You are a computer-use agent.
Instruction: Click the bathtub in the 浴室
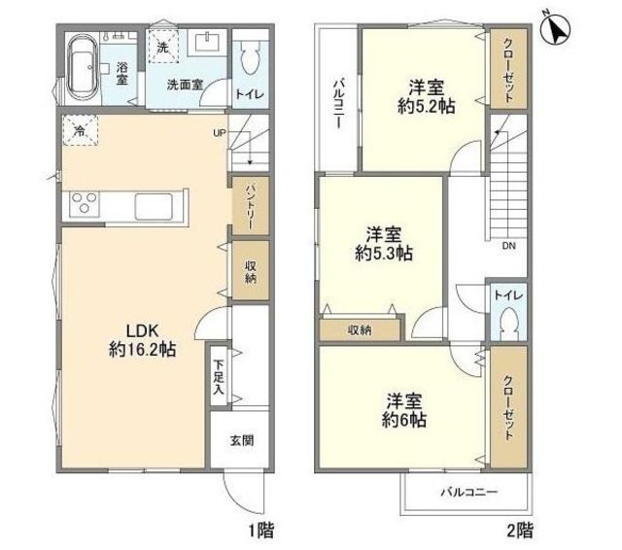(83, 67)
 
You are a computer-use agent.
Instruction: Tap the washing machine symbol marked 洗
(163, 47)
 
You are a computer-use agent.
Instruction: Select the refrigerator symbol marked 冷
(80, 130)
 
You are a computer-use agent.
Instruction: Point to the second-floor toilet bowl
(508, 323)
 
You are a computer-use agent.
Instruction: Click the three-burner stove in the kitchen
(85, 203)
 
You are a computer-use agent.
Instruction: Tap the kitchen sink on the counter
(154, 206)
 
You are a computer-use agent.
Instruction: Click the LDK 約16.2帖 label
(143, 340)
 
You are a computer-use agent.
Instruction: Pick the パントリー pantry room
(251, 206)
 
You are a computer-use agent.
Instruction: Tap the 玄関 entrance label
(242, 440)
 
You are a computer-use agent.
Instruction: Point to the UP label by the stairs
(220, 133)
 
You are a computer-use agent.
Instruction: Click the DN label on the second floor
(509, 246)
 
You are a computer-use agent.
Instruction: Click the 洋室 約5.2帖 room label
(426, 96)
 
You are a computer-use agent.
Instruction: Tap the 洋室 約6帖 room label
(404, 410)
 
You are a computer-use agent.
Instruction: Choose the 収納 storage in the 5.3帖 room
(360, 329)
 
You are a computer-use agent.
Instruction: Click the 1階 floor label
(260, 531)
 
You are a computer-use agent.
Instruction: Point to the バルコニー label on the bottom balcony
(469, 493)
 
